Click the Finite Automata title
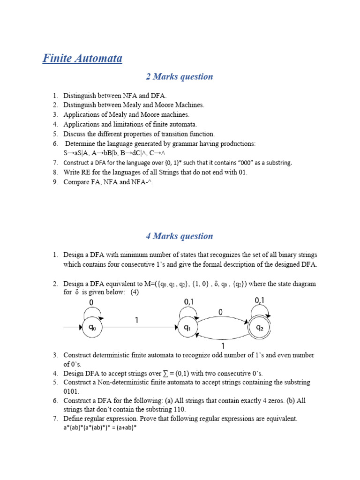82,59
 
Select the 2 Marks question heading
180,76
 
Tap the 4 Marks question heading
180,236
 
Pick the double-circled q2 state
259,328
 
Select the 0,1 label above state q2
260,300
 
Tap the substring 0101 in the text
72,391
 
